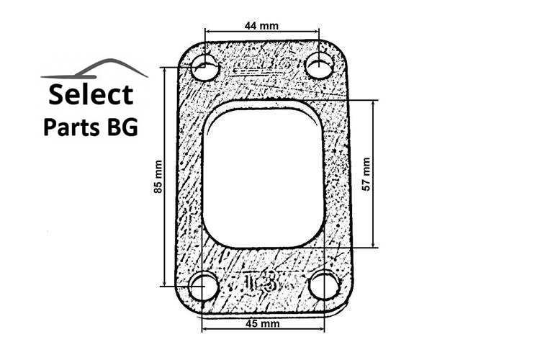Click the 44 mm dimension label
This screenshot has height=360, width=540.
pos(261,25)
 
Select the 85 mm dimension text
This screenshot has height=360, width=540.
pos(158,176)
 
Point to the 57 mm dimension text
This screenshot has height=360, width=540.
pos(366,174)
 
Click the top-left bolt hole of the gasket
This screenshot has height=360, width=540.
pos(206,69)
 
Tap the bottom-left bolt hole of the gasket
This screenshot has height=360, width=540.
pos(205,287)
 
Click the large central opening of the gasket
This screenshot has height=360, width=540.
pos(263,176)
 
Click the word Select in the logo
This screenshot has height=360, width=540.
pos(90,94)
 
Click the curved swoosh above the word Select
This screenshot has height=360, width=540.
pos(94,69)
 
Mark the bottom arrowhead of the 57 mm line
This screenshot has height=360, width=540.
pos(374,245)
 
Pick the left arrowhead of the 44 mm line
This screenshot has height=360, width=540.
pos(209,32)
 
